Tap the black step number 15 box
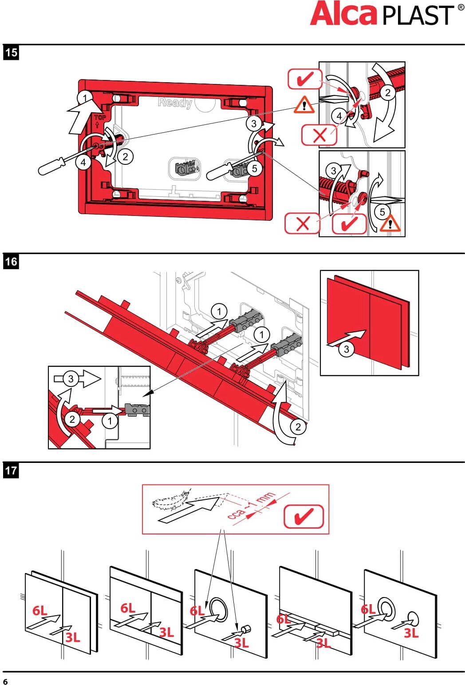pos(11,52)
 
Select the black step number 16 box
pos(11,261)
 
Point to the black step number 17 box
pos(11,470)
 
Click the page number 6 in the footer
pos(5,681)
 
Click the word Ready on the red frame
pos(175,103)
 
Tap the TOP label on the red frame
pos(100,117)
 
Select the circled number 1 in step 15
pos(84,98)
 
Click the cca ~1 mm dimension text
pos(251,506)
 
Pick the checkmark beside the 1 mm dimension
pos(303,516)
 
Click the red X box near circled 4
pos(319,135)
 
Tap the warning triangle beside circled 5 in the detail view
pos(390,223)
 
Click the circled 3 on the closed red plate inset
pos(347,349)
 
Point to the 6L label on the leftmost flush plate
pos(39,610)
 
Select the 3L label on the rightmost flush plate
pos(411,633)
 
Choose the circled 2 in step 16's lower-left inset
pos(72,419)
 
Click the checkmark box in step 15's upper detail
pos(305,80)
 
